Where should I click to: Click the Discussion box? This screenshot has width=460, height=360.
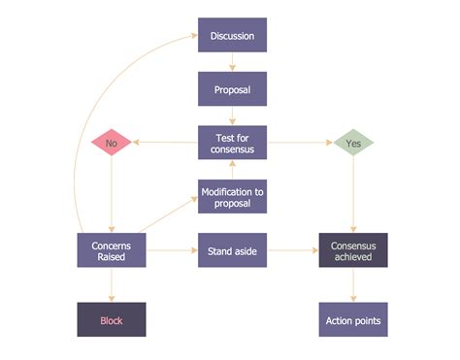232,36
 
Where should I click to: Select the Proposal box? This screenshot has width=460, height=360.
232,88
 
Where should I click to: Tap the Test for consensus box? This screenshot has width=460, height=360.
232,143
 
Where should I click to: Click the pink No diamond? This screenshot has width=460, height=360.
111,143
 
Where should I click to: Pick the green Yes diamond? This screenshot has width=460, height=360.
353,143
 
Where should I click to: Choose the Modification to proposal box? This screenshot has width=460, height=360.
232,196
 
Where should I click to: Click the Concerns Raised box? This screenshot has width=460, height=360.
111,249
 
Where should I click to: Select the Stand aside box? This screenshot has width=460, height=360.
232,249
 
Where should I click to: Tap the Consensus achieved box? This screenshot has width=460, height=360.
353,249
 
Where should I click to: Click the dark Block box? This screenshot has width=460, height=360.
111,319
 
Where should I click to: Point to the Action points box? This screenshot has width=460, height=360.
353,319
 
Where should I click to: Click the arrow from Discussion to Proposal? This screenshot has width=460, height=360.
232,62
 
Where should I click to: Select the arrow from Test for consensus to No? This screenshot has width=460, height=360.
165,143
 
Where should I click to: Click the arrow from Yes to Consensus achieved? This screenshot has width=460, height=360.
353,194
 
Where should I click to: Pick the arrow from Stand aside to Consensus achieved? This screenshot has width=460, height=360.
292,249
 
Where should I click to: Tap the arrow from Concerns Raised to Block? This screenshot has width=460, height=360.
111,284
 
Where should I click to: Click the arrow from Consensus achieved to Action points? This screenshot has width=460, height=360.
353,284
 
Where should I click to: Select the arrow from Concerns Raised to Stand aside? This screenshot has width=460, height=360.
171,249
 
